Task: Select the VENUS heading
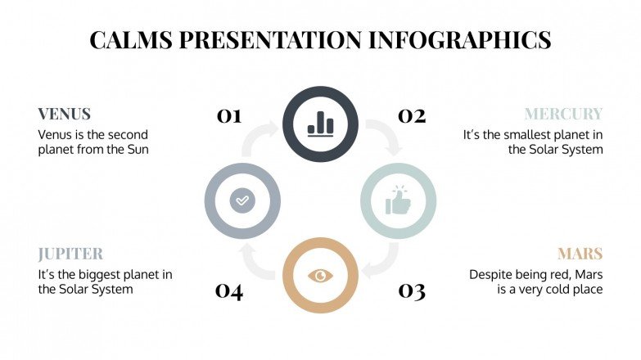click(64, 114)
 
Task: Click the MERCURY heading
click(563, 114)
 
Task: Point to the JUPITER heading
click(70, 254)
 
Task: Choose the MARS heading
click(580, 254)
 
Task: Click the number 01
click(229, 116)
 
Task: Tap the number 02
click(412, 116)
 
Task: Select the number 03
click(412, 290)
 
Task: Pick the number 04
click(229, 290)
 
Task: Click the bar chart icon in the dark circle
click(320, 124)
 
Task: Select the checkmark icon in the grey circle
click(242, 200)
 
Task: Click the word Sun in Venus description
click(136, 150)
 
